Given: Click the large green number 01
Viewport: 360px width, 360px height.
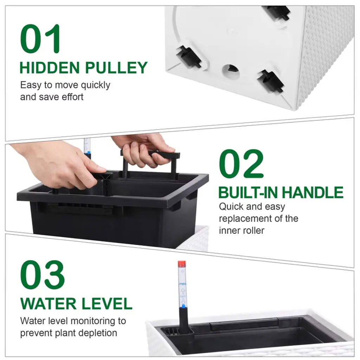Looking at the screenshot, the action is pos(41,39).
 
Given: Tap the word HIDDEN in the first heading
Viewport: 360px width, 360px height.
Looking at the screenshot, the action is pos(50,68).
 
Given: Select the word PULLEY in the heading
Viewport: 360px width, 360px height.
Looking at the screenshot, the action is pos(116,68).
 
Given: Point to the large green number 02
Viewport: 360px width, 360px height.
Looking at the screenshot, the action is pos(241,164).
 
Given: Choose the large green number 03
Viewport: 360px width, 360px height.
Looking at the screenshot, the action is pos(43,275).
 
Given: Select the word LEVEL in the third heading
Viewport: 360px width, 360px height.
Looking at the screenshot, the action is pos(107,304).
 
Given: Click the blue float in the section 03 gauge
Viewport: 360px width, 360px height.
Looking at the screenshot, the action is pos(183,306).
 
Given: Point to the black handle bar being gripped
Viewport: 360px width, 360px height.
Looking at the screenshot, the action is pos(150,154).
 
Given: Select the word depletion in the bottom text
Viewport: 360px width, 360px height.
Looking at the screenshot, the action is pos(98,333).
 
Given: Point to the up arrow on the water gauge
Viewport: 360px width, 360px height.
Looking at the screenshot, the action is pos(183,291).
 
